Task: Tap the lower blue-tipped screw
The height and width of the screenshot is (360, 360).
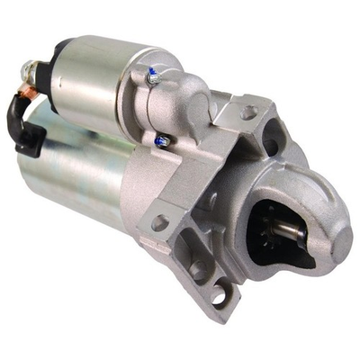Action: point(162,140)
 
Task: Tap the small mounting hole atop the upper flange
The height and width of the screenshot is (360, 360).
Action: point(249,113)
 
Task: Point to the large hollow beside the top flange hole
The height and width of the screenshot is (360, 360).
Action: point(269,144)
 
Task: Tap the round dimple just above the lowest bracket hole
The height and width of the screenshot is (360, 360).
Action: point(197,269)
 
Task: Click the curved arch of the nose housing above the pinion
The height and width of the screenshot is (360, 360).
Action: point(297,184)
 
